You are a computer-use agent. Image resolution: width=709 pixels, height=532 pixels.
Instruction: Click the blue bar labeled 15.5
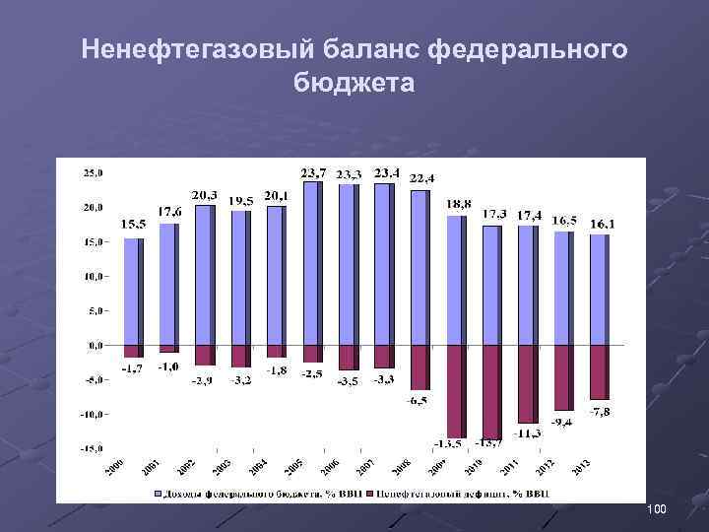[x=133, y=292]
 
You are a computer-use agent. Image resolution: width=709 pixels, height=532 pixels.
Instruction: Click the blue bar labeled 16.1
[x=599, y=290]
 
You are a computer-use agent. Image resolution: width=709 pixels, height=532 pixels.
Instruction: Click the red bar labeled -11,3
[x=527, y=384]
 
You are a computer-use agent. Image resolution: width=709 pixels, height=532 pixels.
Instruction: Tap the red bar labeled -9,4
[x=562, y=377]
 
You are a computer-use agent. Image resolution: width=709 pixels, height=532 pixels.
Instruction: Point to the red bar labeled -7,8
[x=599, y=372]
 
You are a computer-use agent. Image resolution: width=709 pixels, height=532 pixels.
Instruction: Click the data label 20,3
[x=205, y=195]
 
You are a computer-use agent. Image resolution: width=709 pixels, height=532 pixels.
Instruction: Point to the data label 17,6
[x=169, y=212]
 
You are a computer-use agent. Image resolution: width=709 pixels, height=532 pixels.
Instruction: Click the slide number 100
[x=657, y=508]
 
